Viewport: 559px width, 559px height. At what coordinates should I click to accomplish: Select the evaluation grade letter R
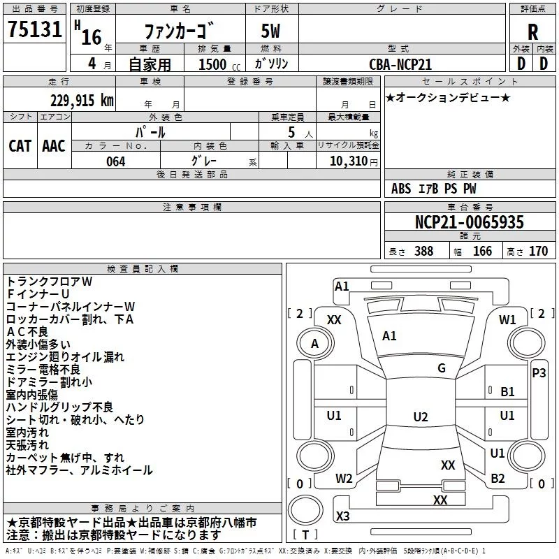click(532, 31)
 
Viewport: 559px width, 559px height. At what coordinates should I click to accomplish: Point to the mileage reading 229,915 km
click(82, 101)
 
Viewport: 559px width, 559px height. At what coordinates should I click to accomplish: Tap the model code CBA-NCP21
click(400, 64)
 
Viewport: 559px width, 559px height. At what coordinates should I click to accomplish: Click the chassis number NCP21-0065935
click(469, 222)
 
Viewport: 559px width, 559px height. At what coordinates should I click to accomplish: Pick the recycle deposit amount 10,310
click(347, 161)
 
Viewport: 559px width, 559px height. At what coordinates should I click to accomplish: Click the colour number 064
click(115, 161)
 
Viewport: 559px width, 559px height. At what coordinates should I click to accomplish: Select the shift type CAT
click(20, 146)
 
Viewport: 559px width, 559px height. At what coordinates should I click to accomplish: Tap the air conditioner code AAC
click(54, 146)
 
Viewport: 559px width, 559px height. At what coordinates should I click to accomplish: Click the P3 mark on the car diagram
click(539, 373)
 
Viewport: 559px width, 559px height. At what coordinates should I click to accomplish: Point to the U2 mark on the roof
click(420, 417)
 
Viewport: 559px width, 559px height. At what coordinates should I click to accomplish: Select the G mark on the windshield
click(441, 368)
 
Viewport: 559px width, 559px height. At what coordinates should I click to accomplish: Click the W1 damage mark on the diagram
click(507, 320)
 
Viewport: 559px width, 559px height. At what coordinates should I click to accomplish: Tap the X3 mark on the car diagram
click(343, 516)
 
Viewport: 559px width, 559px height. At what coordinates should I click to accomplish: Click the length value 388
click(423, 252)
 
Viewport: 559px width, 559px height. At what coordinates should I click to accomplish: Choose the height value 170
click(538, 252)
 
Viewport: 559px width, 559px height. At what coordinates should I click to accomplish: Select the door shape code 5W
click(273, 31)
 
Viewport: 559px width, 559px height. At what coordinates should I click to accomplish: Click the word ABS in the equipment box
click(401, 189)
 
